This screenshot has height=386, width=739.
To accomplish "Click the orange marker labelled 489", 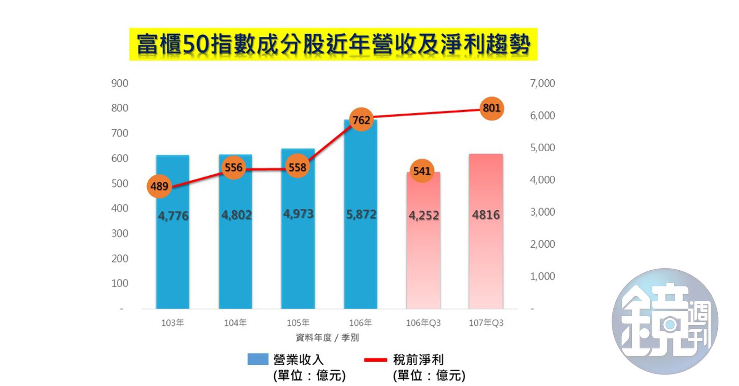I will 159,186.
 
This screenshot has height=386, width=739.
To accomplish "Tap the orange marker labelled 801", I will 491,108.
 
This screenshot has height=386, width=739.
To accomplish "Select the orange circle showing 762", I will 361,120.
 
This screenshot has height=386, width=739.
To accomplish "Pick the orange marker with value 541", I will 422,171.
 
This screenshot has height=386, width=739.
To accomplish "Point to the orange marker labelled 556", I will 233,167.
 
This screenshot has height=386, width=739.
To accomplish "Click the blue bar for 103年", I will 173,258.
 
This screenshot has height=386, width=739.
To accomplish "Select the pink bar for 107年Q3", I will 486,258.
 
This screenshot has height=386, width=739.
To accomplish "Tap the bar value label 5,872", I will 361,214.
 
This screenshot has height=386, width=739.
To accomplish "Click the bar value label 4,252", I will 424,215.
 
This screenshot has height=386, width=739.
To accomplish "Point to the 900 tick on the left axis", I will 120,83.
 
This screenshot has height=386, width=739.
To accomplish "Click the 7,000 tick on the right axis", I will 542,83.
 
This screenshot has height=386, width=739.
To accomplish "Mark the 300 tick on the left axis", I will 120,233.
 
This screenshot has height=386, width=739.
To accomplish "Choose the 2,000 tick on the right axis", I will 542,244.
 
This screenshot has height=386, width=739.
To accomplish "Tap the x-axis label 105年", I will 298,323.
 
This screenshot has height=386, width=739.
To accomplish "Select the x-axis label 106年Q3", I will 423,323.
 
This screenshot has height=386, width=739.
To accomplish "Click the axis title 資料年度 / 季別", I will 327,338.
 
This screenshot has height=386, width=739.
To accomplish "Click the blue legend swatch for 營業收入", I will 258,359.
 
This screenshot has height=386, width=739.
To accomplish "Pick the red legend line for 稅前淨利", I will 375,360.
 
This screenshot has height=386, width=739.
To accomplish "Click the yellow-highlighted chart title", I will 333,44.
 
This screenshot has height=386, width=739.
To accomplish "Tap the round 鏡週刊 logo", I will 665,321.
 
